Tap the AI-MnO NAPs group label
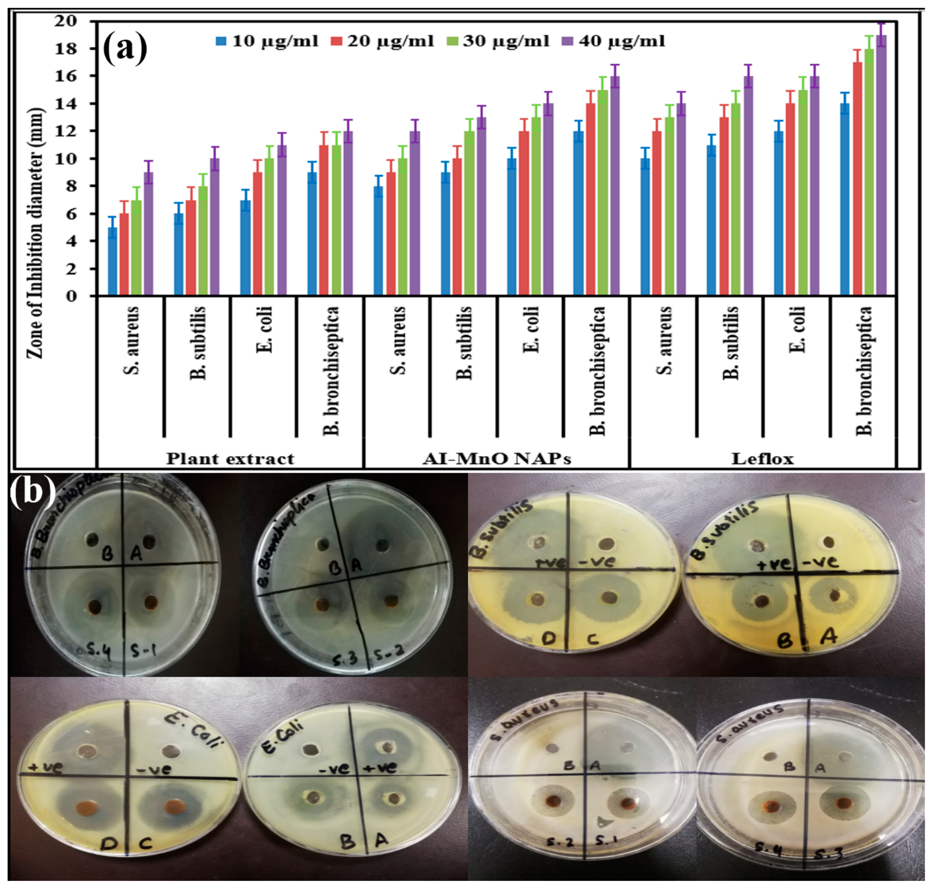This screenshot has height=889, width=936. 497,458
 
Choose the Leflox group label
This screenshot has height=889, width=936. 762,458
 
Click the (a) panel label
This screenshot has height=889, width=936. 125,48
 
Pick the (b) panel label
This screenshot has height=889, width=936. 32,491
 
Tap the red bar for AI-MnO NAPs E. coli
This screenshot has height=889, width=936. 523,213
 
